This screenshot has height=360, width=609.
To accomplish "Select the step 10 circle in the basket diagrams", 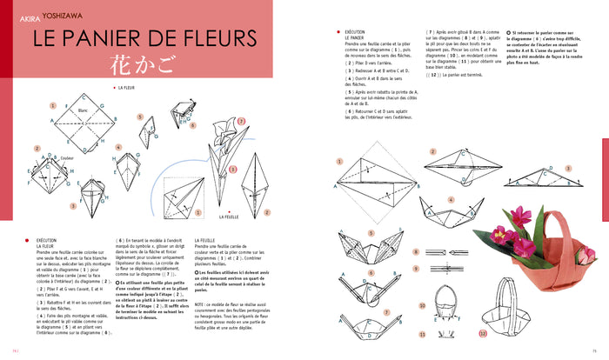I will coord(421,306).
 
